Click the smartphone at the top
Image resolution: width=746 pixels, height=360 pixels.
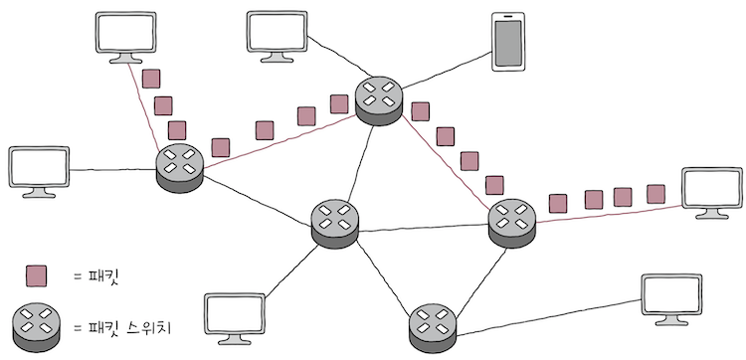tap(507, 43)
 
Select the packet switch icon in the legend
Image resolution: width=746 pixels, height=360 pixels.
tap(38, 323)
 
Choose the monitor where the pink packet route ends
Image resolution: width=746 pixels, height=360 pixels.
tap(711, 192)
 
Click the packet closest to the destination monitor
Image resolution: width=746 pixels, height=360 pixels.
tap(655, 193)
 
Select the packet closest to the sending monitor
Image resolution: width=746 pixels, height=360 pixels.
tap(151, 79)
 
